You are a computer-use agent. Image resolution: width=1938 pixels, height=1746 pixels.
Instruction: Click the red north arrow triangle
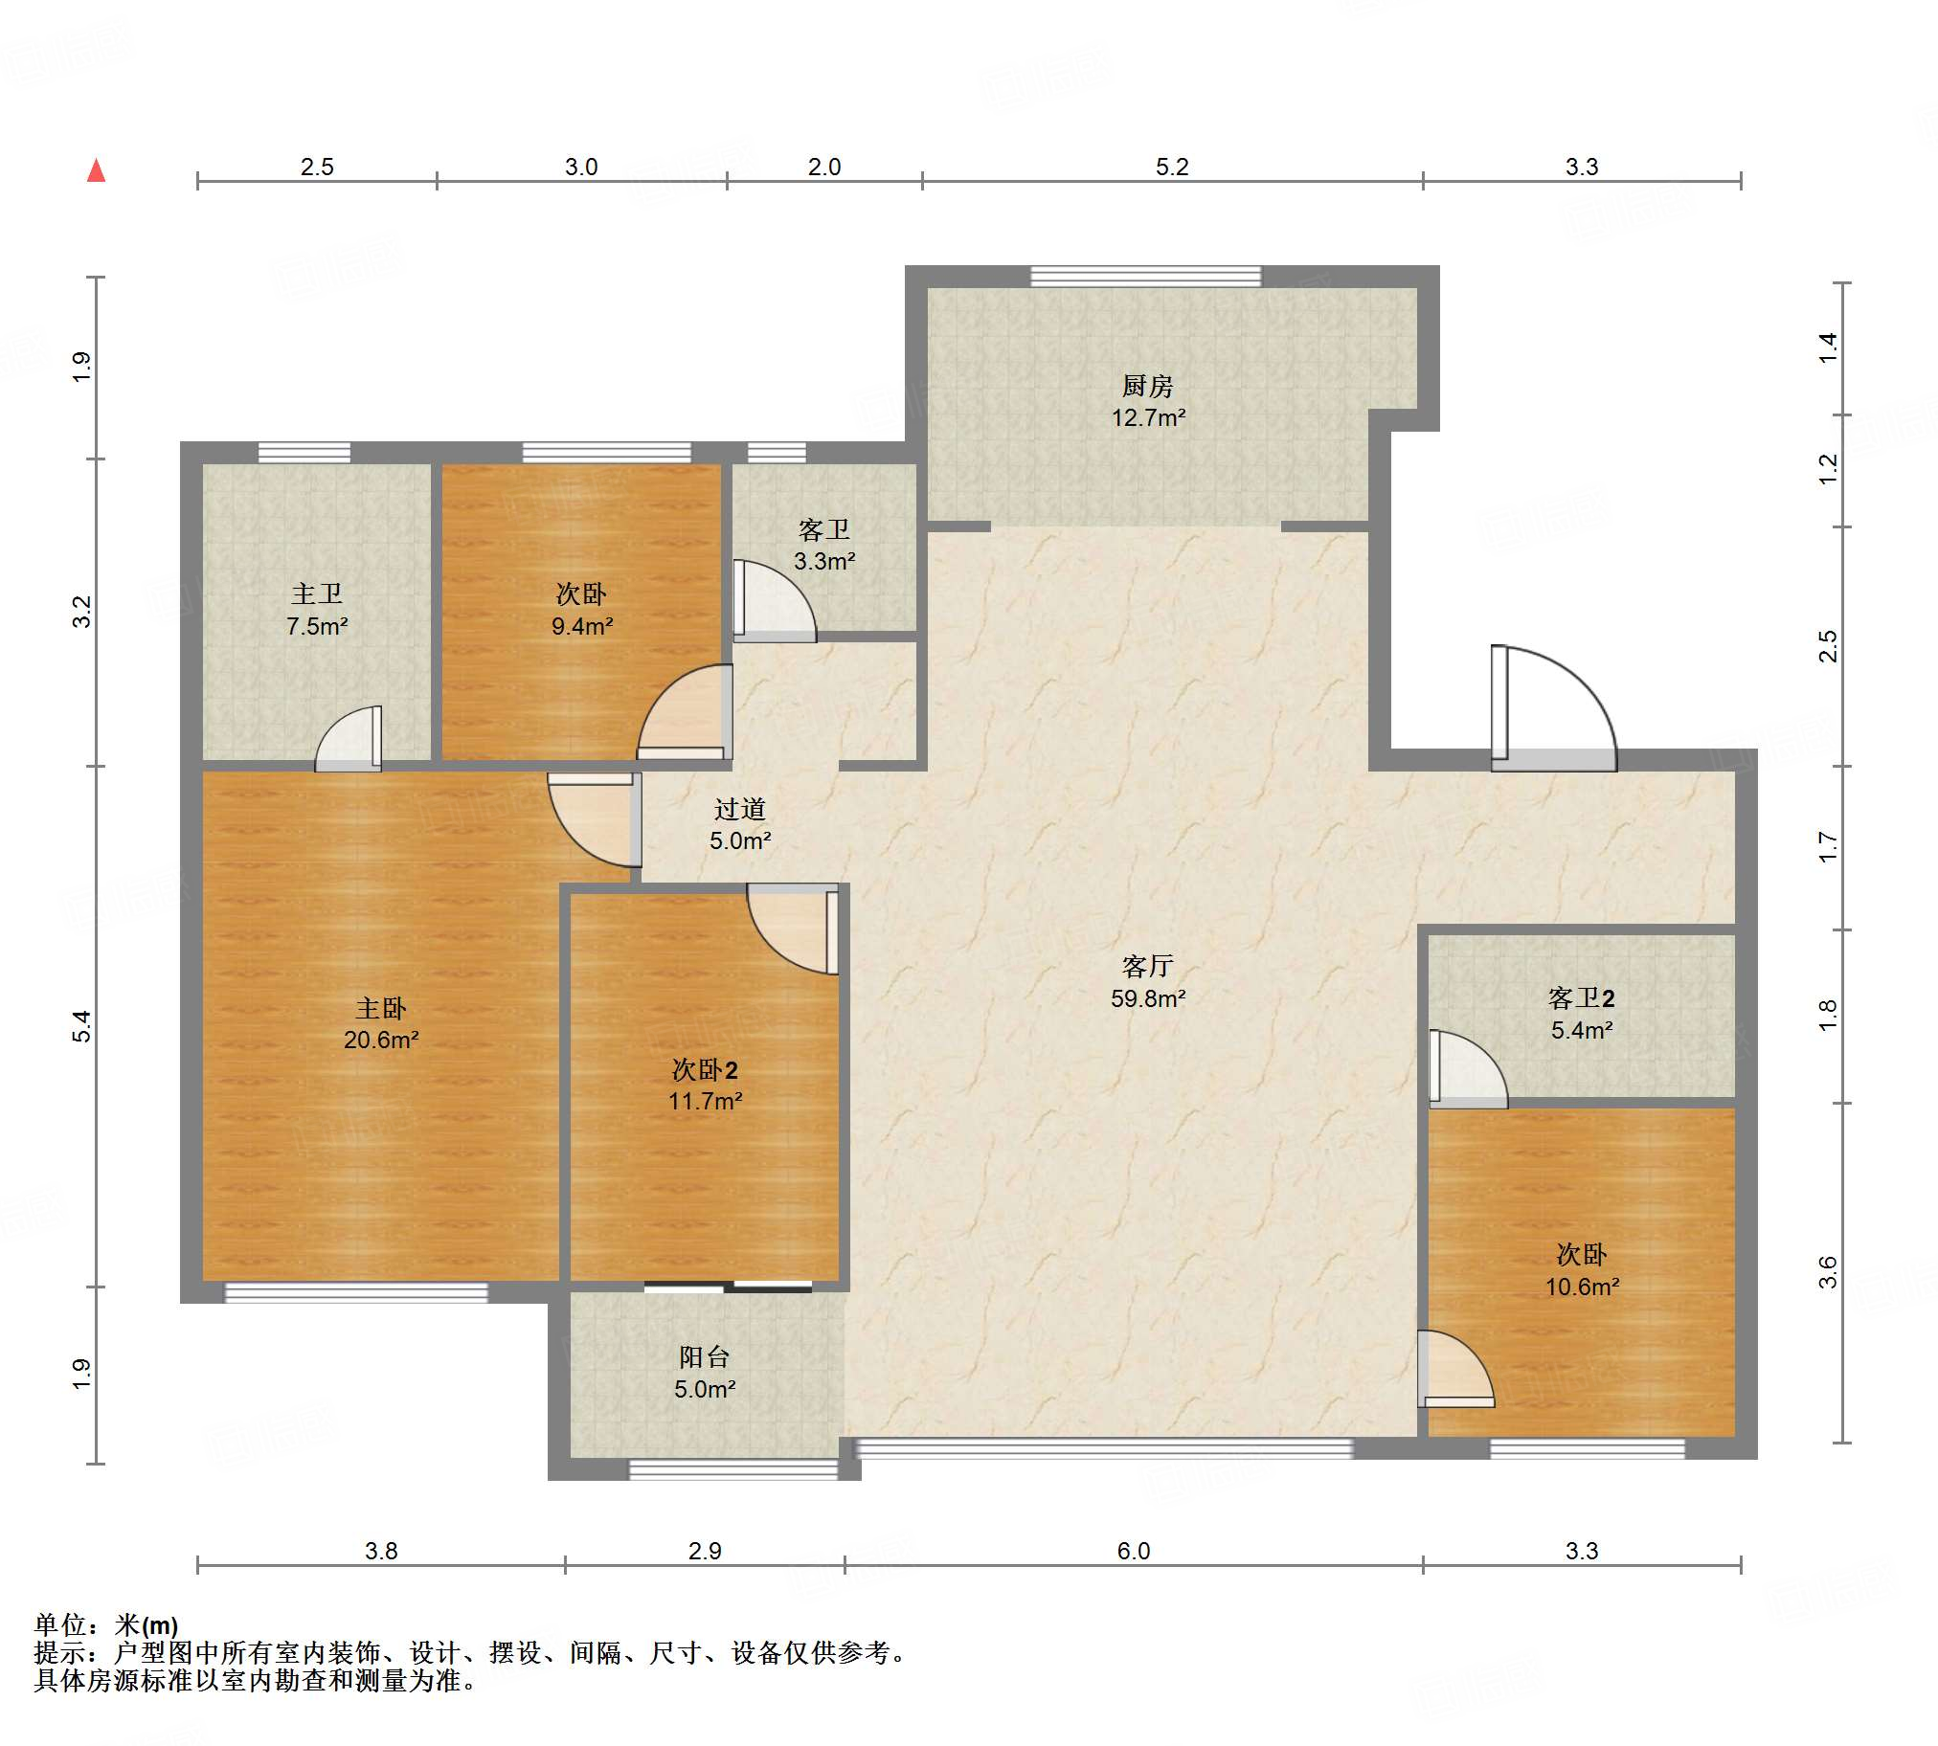96,170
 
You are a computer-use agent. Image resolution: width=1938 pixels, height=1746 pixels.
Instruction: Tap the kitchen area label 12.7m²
1148,418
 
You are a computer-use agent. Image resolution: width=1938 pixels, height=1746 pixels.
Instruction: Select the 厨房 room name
1147,387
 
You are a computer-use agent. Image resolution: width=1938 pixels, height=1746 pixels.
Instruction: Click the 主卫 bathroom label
317,594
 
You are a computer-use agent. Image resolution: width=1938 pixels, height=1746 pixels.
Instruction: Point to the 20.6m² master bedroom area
381,1040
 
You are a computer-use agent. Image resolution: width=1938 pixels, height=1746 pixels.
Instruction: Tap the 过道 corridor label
740,810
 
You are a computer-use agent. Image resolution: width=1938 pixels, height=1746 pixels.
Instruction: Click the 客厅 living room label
1147,966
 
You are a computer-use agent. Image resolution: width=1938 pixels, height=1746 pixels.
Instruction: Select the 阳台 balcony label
704,1357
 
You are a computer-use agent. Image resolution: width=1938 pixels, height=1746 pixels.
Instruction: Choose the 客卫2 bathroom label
1581,998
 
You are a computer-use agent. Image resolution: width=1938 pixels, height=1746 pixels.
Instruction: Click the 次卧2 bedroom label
704,1069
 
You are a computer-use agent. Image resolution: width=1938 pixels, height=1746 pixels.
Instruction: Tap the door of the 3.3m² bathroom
775,600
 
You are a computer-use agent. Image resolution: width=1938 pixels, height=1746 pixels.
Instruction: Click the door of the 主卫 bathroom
349,739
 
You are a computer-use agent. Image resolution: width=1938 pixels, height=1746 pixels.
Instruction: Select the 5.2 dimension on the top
1171,167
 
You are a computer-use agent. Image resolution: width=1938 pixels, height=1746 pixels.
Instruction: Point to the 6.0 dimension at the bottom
1133,1552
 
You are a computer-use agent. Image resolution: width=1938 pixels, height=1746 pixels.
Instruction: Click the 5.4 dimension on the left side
82,1026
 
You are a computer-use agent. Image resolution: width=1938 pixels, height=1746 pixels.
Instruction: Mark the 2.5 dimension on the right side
1829,645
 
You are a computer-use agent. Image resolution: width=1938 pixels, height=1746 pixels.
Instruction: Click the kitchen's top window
1145,277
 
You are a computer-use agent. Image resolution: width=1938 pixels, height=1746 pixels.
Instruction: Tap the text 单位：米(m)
106,1625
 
